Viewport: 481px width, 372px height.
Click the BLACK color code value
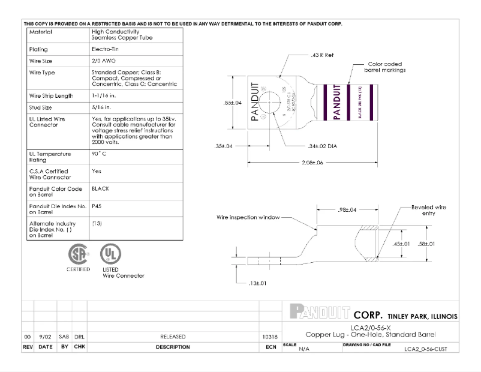pyautogui.click(x=100, y=188)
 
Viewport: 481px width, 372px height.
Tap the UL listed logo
pyautogui.click(x=108, y=254)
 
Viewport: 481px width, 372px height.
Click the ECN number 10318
pyautogui.click(x=269, y=337)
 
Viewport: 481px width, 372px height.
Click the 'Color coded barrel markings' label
pyautogui.click(x=383, y=67)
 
